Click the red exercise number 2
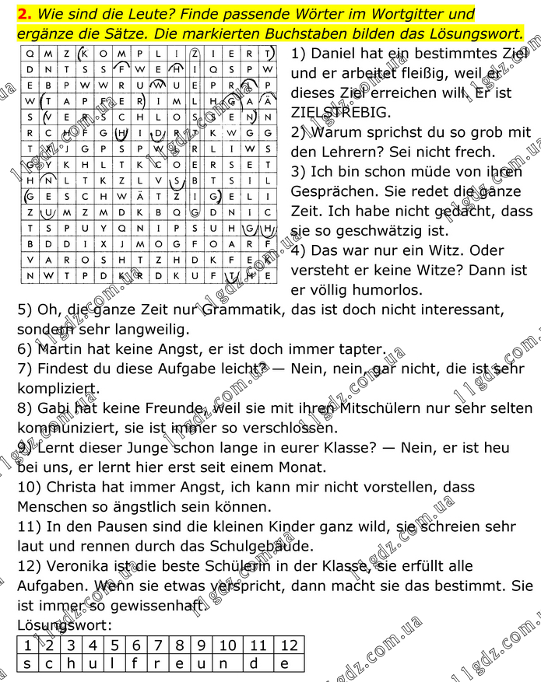pos(23,14)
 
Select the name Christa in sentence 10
pos(76,487)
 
